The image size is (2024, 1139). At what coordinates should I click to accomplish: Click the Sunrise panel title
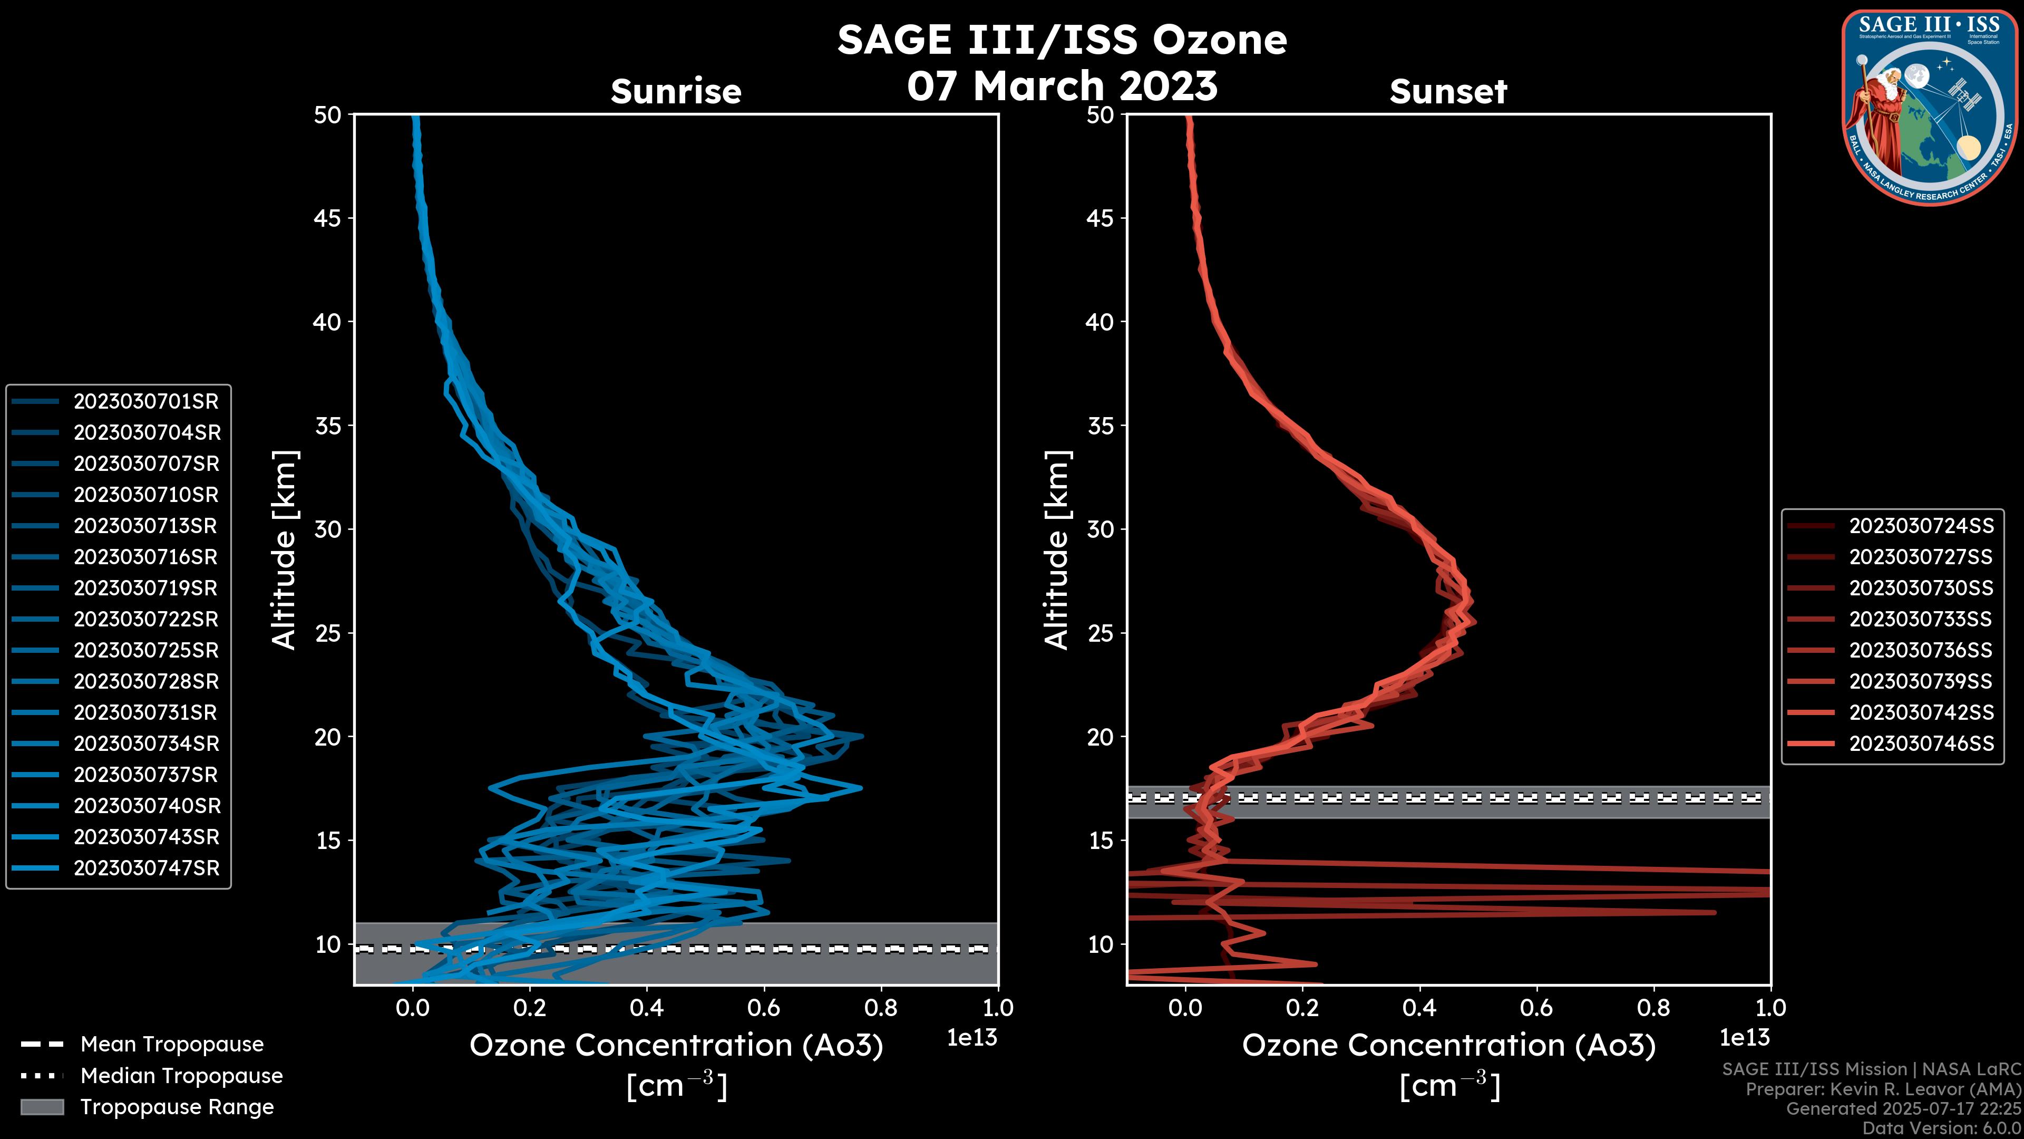pos(676,92)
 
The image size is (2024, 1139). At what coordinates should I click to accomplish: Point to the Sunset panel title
pos(1448,92)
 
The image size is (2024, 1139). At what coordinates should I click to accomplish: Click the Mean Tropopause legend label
pos(172,1045)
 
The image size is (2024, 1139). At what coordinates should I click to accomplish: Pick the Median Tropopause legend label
pos(181,1076)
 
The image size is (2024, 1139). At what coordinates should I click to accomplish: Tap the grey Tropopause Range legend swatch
pos(42,1107)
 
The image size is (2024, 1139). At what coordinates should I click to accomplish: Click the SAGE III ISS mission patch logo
pos(1931,108)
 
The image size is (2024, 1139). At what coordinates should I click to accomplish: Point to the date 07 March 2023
pos(1062,85)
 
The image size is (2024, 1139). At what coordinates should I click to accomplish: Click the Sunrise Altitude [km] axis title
pos(285,549)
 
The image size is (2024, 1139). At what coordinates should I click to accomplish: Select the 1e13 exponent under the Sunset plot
pos(1744,1038)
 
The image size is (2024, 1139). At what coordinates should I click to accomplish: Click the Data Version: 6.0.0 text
pos(1942,1129)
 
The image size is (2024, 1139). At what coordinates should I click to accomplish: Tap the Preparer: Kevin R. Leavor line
pos(1883,1089)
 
